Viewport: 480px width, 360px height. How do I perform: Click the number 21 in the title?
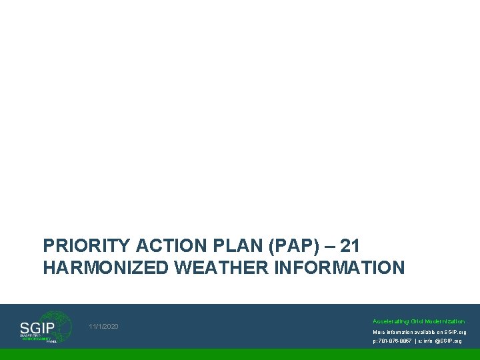[x=350, y=246]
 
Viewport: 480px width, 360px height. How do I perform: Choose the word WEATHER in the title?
[x=213, y=268]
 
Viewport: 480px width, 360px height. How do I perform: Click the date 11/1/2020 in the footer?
[x=103, y=326]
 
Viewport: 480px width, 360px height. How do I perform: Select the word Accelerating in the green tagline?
[x=390, y=321]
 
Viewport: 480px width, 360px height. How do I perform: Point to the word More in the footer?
[x=378, y=332]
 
